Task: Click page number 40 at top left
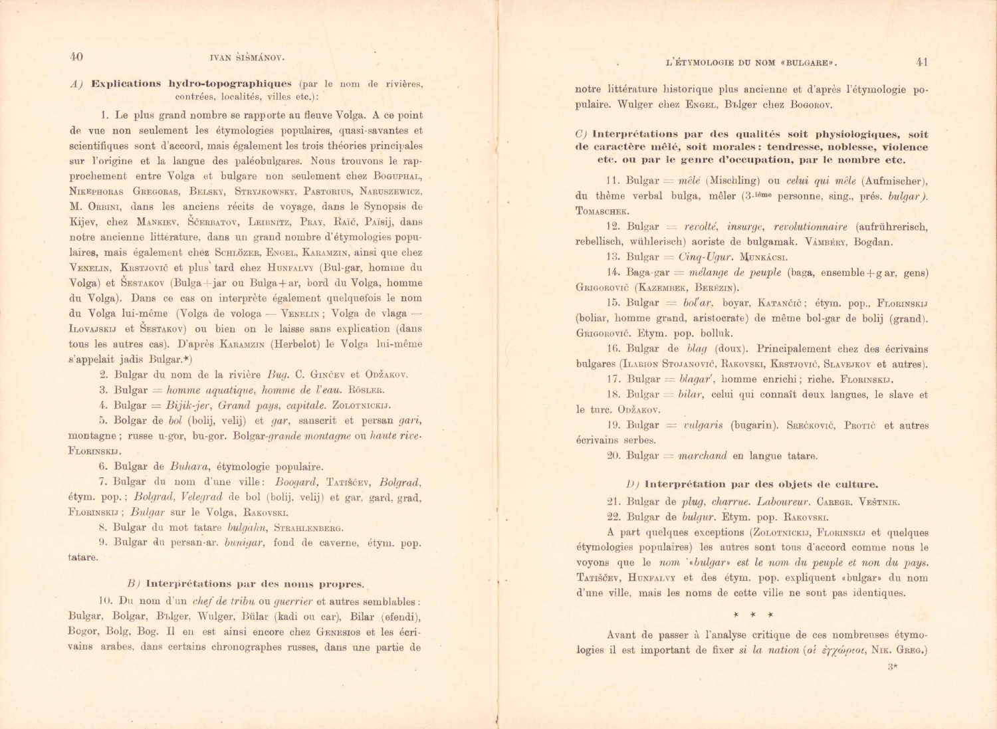76,57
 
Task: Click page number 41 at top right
921,62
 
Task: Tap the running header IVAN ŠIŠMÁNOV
247,58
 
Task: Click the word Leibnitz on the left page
269,222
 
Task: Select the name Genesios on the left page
339,632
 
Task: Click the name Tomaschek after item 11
602,211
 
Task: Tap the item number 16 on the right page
613,349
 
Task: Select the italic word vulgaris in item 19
703,425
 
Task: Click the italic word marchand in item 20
703,456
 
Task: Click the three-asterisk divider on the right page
752,615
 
